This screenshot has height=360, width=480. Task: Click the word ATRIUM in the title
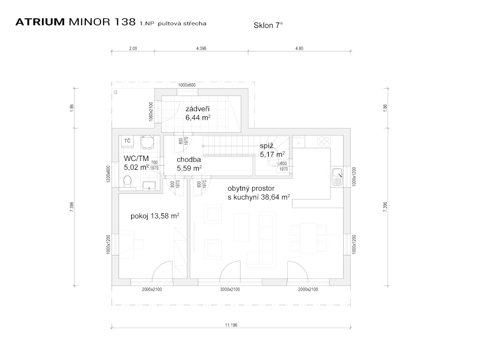[x=40, y=22]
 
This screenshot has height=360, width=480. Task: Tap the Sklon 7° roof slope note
[x=268, y=25]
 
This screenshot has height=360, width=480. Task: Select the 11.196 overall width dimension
[x=231, y=325]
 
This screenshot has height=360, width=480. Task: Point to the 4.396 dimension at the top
[x=201, y=48]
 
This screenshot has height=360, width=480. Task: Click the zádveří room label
[x=197, y=109]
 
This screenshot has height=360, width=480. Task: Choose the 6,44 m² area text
[x=198, y=118]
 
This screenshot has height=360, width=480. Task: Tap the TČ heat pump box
[x=127, y=141]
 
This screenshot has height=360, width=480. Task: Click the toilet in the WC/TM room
[x=127, y=181]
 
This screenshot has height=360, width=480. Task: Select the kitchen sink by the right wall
[x=337, y=177]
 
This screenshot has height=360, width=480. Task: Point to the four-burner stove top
[x=324, y=142]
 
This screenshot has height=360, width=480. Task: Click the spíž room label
[x=267, y=146]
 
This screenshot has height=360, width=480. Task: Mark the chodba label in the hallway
[x=189, y=159]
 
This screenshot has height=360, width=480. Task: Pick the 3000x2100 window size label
[x=230, y=289]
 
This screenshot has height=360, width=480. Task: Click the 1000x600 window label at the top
[x=187, y=85]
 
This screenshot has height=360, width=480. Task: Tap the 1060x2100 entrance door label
[x=151, y=112]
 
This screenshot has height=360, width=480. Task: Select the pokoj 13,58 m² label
[x=155, y=216]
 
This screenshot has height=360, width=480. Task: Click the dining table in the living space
[x=308, y=238]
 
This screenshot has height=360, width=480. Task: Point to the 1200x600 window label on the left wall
[x=108, y=174]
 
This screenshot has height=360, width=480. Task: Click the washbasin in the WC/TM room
[x=149, y=186]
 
